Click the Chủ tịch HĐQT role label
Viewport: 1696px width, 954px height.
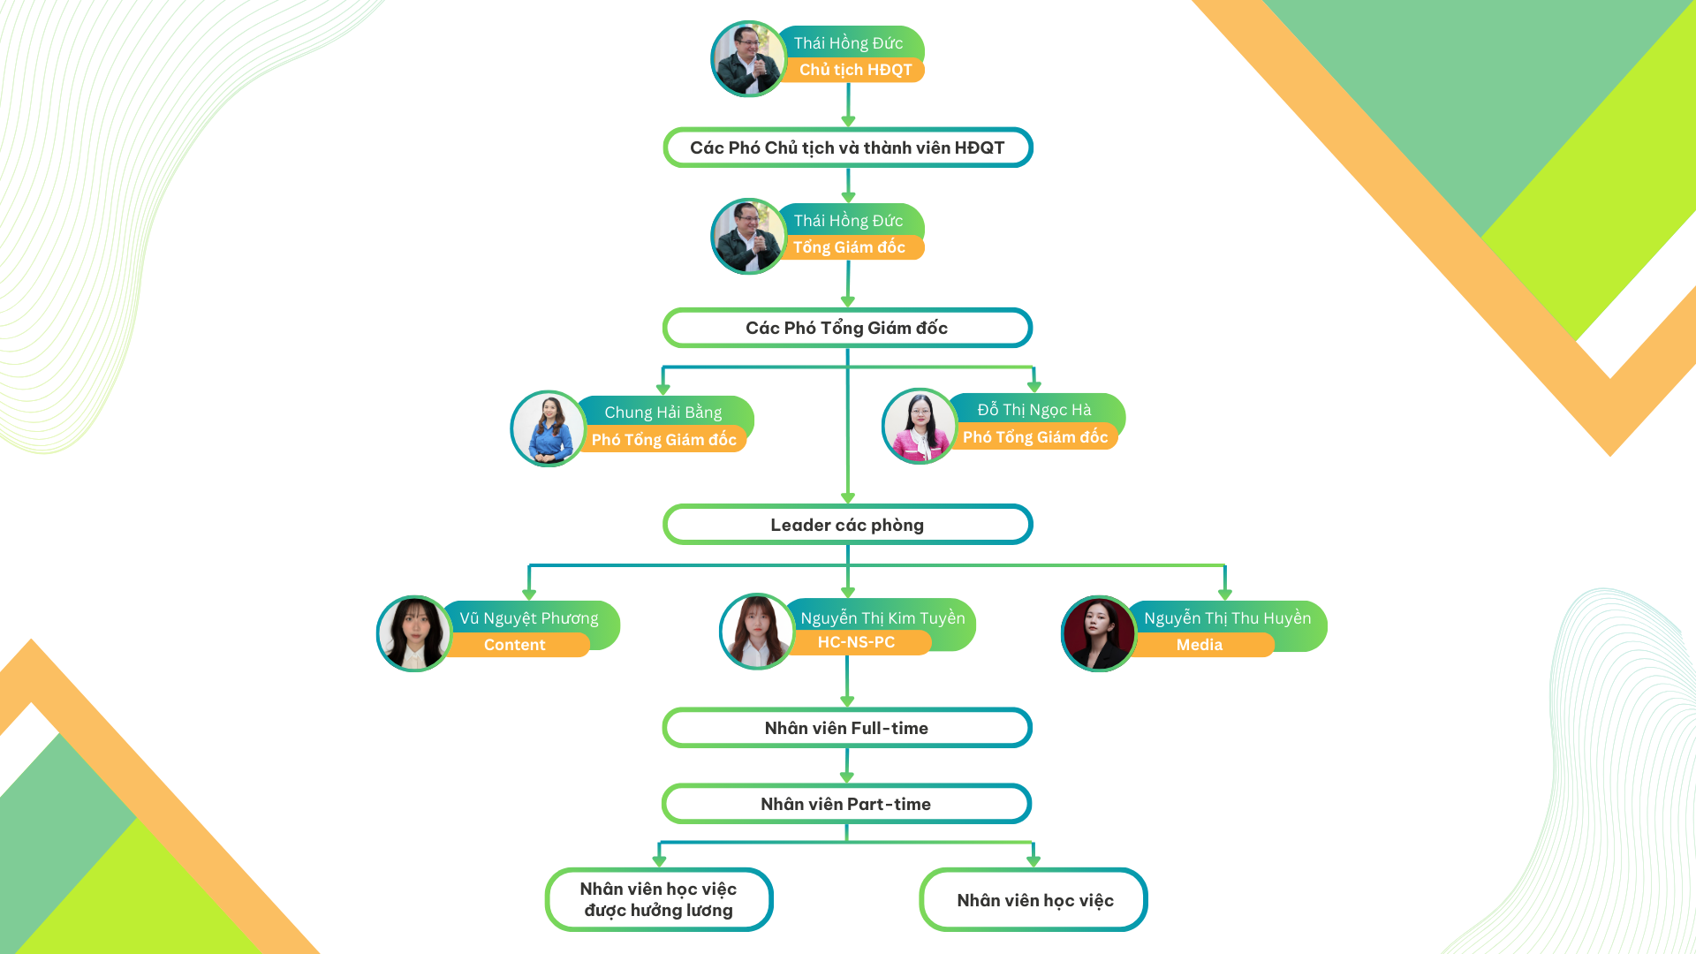855,70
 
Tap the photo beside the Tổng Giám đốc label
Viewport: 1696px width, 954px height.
748,237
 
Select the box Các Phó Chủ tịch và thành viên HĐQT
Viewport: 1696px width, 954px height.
847,148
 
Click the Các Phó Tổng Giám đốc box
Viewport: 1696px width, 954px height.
847,328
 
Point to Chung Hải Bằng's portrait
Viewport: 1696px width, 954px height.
548,428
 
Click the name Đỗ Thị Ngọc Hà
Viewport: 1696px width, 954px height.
1033,410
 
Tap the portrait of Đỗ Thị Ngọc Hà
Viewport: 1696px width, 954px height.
920,426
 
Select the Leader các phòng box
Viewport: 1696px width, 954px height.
847,525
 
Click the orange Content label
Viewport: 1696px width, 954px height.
515,645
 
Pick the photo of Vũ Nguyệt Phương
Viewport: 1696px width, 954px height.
413,633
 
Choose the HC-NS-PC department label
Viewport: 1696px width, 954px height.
856,642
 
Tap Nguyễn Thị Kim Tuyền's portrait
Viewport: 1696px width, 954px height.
757,631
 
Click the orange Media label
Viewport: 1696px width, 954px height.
1200,645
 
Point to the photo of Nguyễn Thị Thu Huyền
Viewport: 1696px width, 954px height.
1098,633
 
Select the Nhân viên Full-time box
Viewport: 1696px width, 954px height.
846,728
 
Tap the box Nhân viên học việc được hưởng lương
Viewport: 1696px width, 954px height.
658,899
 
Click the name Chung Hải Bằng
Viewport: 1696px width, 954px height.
662,413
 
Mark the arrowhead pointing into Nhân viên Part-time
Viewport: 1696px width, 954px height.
846,777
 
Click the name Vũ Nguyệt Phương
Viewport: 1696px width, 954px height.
528,618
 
